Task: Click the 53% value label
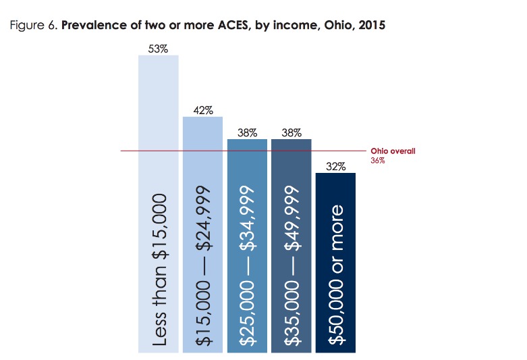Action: [158, 48]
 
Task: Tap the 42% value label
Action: [202, 111]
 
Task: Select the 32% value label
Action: [335, 167]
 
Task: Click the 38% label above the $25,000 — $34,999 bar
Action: [247, 133]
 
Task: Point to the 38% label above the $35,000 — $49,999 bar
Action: [291, 133]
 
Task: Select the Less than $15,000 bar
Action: [158, 203]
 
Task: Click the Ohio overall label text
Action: [393, 151]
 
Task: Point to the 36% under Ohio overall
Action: [377, 161]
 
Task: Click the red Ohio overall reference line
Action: [128, 150]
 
